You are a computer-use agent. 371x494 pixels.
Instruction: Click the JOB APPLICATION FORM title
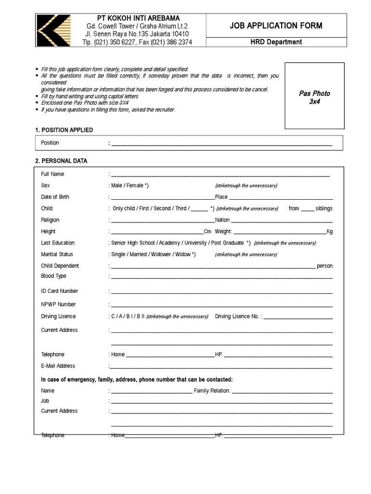click(276, 26)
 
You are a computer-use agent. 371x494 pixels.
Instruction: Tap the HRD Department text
click(276, 42)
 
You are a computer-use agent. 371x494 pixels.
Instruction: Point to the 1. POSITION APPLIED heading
click(64, 130)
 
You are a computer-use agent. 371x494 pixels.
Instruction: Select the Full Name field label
click(53, 174)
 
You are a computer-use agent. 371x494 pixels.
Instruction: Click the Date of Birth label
click(55, 197)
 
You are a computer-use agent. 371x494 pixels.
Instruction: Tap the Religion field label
click(50, 220)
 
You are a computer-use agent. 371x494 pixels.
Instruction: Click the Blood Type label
click(54, 276)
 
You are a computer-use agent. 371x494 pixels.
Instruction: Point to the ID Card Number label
click(59, 291)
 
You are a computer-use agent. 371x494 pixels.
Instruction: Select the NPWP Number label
click(58, 304)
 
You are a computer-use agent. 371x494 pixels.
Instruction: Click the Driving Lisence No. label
click(237, 316)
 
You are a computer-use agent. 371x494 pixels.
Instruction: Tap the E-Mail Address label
click(58, 366)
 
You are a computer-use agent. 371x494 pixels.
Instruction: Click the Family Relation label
click(212, 391)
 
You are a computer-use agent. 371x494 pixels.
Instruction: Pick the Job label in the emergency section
click(45, 401)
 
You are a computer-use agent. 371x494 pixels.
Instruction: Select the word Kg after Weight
click(329, 232)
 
